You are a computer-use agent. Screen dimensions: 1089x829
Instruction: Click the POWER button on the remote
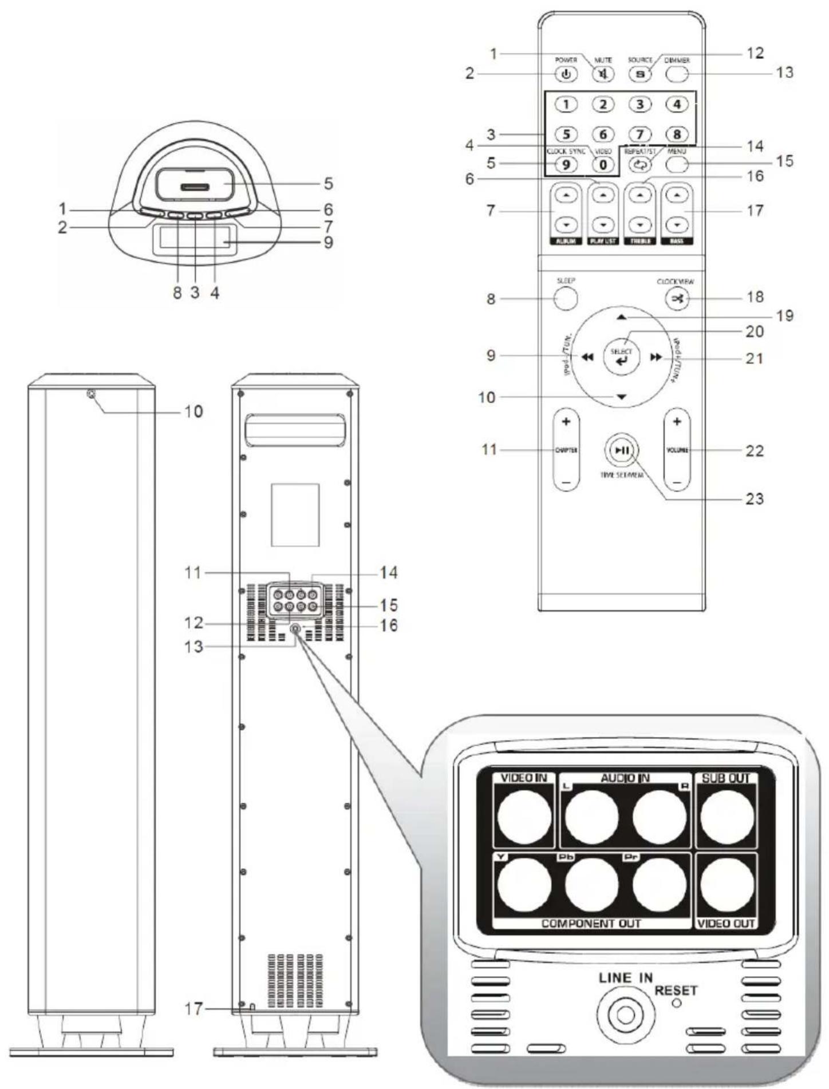[x=566, y=74]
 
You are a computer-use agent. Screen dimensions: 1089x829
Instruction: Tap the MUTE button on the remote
[x=603, y=74]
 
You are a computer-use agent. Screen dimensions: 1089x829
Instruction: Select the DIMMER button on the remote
[x=677, y=74]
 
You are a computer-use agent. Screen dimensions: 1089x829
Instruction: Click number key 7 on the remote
[x=640, y=134]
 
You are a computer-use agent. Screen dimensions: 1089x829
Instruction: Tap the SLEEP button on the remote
[x=565, y=298]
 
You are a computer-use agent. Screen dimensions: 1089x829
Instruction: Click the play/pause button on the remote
[x=621, y=450]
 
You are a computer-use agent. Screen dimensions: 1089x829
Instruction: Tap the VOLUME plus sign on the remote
[x=677, y=422]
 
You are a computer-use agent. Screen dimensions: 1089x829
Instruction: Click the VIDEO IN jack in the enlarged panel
[x=524, y=817]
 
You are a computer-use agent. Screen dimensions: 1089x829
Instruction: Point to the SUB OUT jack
[x=727, y=817]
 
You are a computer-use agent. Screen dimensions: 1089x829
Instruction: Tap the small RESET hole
[x=677, y=1003]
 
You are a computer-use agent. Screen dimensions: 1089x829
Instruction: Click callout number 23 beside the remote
[x=754, y=499]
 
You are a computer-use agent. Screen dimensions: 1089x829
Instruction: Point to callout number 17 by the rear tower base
[x=193, y=1009]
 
